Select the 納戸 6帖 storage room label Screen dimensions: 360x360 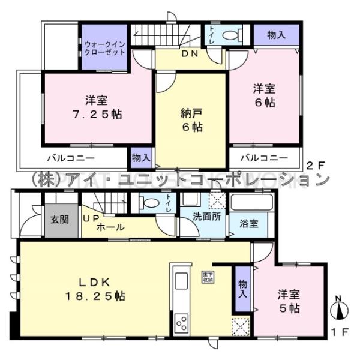(x=191, y=119)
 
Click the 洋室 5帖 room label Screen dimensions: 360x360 (x=289, y=302)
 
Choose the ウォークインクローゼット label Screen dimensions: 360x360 (x=104, y=47)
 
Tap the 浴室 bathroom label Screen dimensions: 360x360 (x=250, y=224)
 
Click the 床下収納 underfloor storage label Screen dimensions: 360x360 (x=207, y=277)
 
